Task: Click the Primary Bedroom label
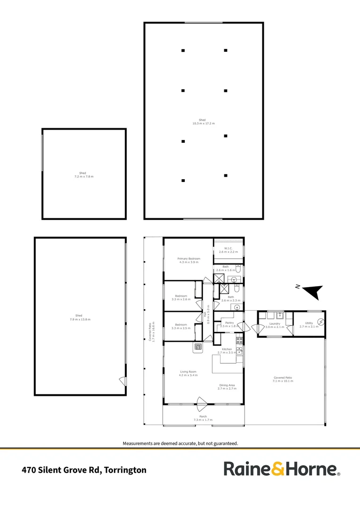click(x=189, y=259)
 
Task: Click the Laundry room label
click(x=275, y=324)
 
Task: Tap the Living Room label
click(x=188, y=372)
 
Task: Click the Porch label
click(x=203, y=417)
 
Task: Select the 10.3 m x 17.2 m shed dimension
click(x=203, y=123)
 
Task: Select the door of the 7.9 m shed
click(x=123, y=380)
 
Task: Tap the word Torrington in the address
click(x=125, y=470)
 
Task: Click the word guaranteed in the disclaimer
click(x=223, y=443)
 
